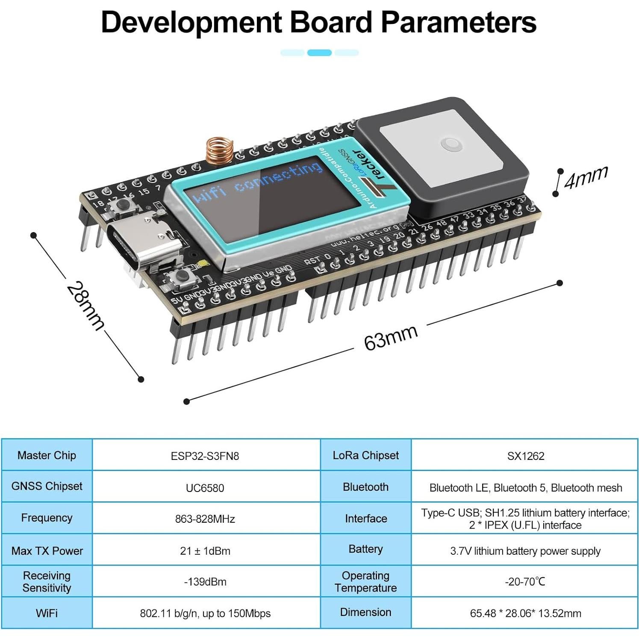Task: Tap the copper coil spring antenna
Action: tap(220, 151)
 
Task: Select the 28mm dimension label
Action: tap(85, 306)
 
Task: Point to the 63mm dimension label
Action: tap(390, 337)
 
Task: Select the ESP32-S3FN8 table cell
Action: tap(205, 456)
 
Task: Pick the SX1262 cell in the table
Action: tap(525, 456)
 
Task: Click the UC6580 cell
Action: tap(205, 488)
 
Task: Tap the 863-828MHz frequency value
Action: tap(205, 519)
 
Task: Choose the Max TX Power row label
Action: tap(47, 551)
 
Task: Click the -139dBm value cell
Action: tap(205, 582)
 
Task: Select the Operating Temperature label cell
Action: tap(365, 582)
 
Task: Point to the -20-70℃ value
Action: tap(525, 582)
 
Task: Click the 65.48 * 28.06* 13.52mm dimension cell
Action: tap(525, 613)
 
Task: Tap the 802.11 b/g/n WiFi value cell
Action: tap(205, 613)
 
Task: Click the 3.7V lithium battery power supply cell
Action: tap(525, 551)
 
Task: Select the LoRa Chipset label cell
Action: tap(365, 456)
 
